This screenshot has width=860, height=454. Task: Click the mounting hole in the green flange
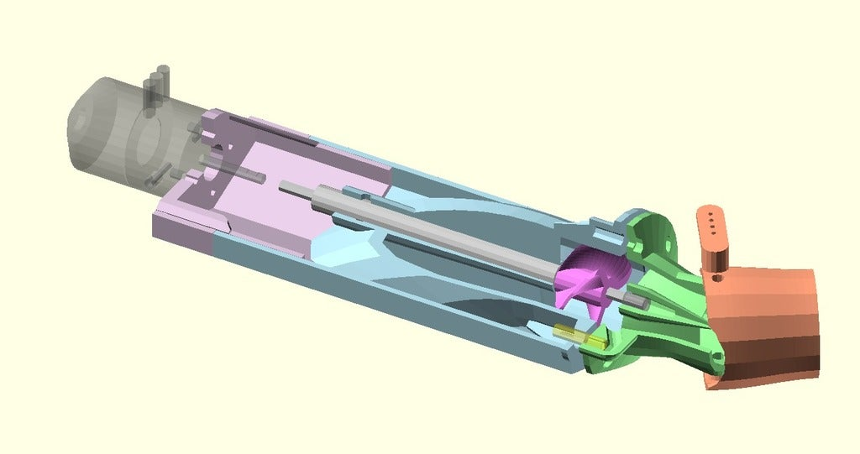pyautogui.click(x=671, y=240)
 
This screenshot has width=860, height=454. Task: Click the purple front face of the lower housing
pyautogui.click(x=181, y=231)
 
